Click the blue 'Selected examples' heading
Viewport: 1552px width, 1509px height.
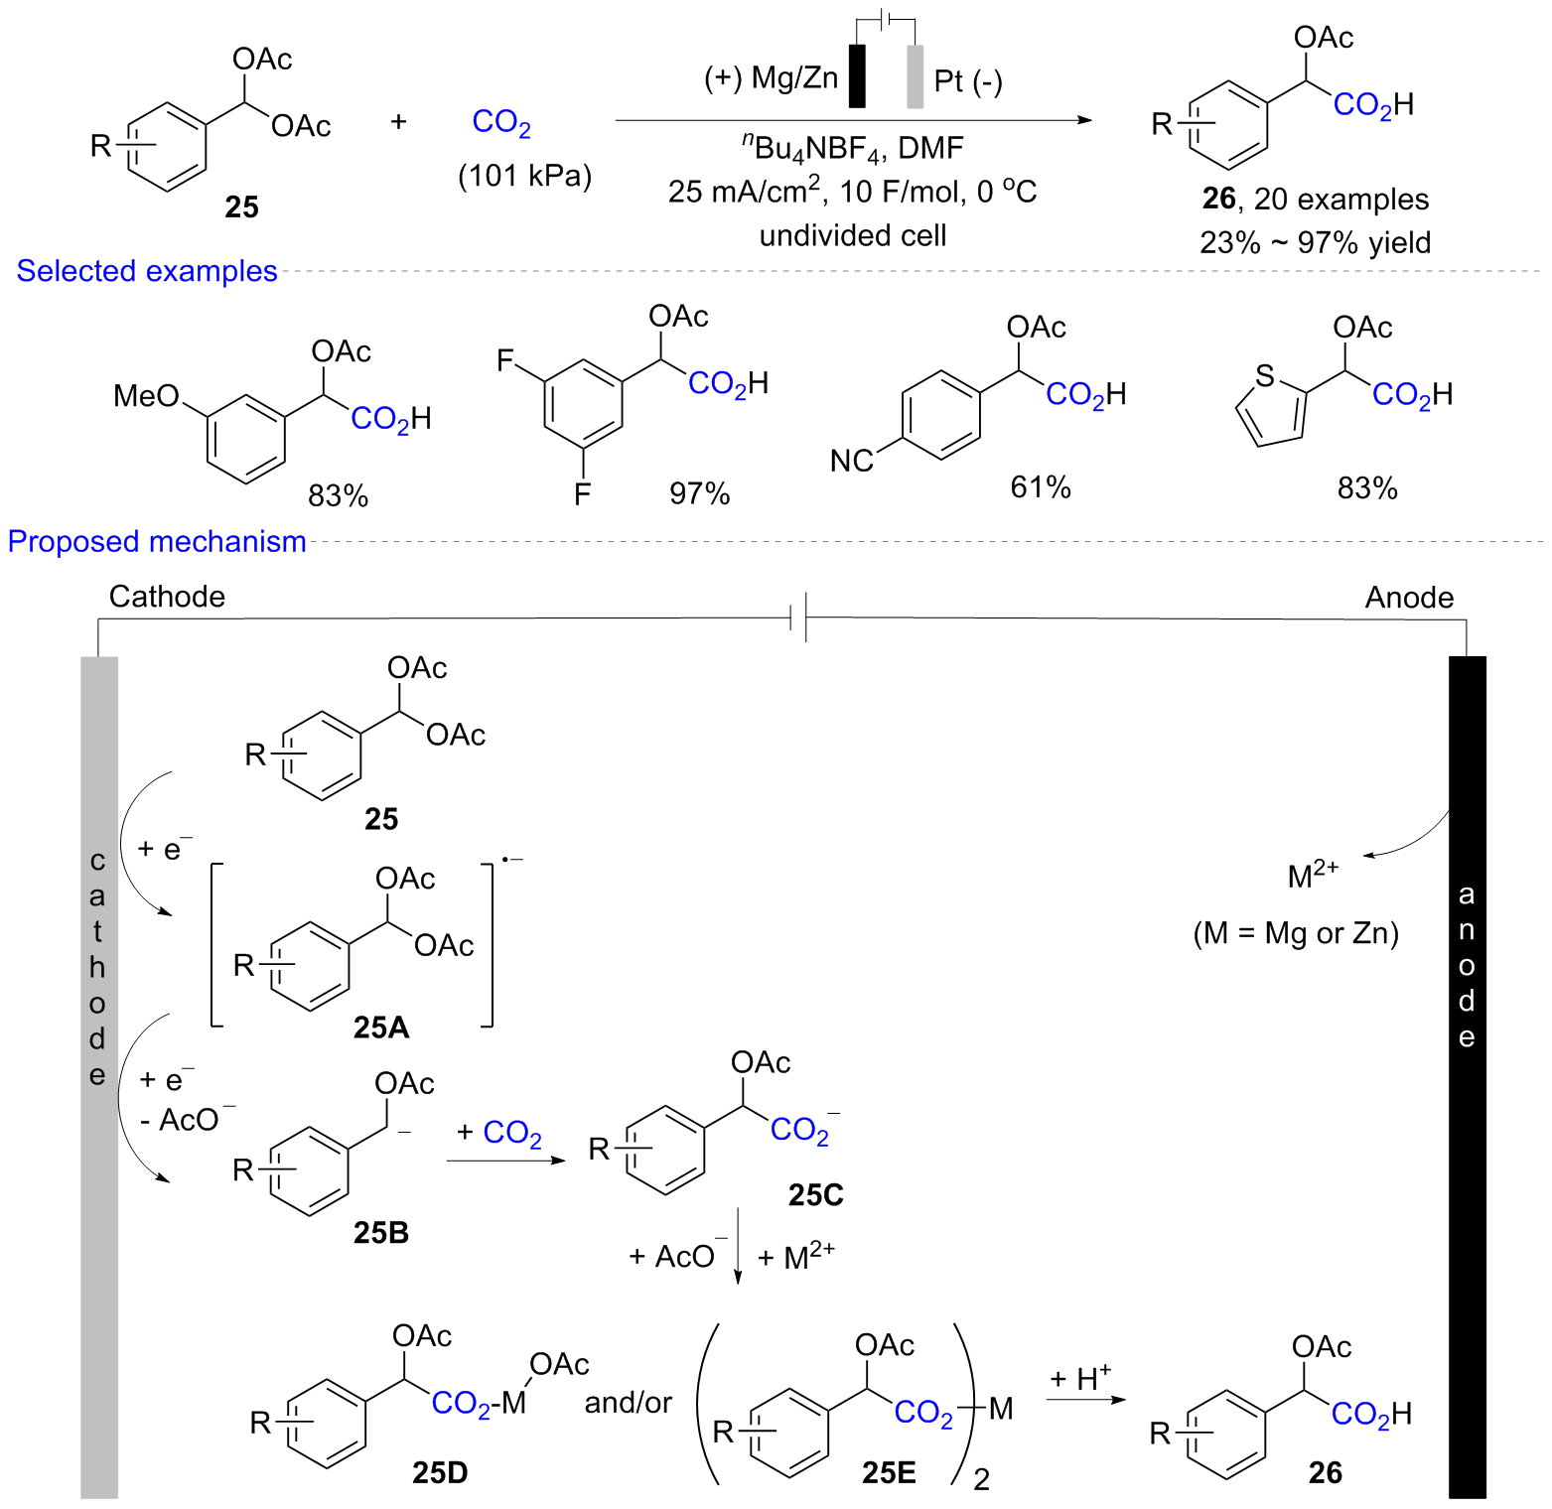(x=147, y=271)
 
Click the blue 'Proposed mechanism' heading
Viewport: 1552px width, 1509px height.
(x=157, y=541)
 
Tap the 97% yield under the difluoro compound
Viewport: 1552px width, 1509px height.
(x=699, y=493)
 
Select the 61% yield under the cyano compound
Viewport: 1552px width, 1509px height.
(x=1040, y=487)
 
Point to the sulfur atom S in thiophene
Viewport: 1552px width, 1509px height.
(x=1264, y=376)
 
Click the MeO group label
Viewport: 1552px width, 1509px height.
(x=145, y=396)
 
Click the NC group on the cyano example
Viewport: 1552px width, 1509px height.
(x=851, y=461)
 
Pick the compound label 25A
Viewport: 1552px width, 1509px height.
(x=381, y=1028)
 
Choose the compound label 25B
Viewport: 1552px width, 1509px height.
(x=381, y=1232)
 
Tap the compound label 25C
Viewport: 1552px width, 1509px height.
(x=815, y=1195)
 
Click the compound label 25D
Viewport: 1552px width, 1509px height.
(x=440, y=1472)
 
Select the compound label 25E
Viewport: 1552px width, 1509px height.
(x=889, y=1472)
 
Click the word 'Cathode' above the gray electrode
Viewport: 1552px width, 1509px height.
(x=167, y=597)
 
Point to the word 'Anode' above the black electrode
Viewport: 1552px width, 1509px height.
(x=1409, y=598)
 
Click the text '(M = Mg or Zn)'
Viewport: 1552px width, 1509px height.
(x=1296, y=933)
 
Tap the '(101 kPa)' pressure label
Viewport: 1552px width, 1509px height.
(x=524, y=176)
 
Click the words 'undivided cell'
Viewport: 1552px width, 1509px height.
(x=853, y=235)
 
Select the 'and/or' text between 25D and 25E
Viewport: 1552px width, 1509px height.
(x=628, y=1403)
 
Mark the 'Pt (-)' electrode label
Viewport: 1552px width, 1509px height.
(x=968, y=80)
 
